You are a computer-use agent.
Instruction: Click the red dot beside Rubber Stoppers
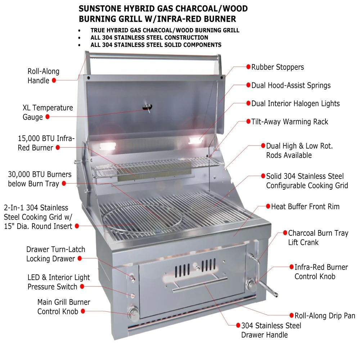pos(248,67)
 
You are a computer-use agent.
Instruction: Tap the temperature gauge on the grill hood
pos(147,107)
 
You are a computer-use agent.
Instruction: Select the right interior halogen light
pos(195,140)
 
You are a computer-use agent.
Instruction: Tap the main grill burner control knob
pos(134,312)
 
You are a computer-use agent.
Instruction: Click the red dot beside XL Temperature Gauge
pos(47,117)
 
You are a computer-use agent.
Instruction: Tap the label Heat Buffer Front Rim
pos(305,207)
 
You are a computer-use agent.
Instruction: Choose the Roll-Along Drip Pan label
pos(325,316)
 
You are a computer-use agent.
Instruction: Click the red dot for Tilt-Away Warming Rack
pos(248,122)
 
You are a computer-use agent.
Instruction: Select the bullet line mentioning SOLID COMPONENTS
pos(156,45)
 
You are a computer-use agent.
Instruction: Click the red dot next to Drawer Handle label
pos(238,325)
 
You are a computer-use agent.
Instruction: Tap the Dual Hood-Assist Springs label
pos(291,86)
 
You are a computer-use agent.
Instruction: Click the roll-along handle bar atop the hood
pos(153,57)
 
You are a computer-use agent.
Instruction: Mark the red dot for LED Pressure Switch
pos(82,287)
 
